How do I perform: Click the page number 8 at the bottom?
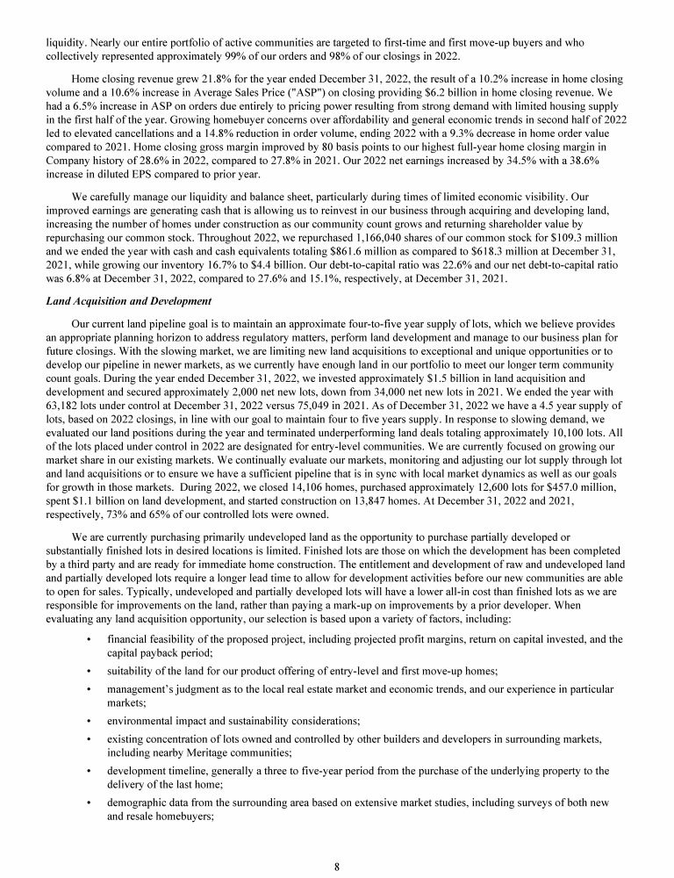point(337,867)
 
